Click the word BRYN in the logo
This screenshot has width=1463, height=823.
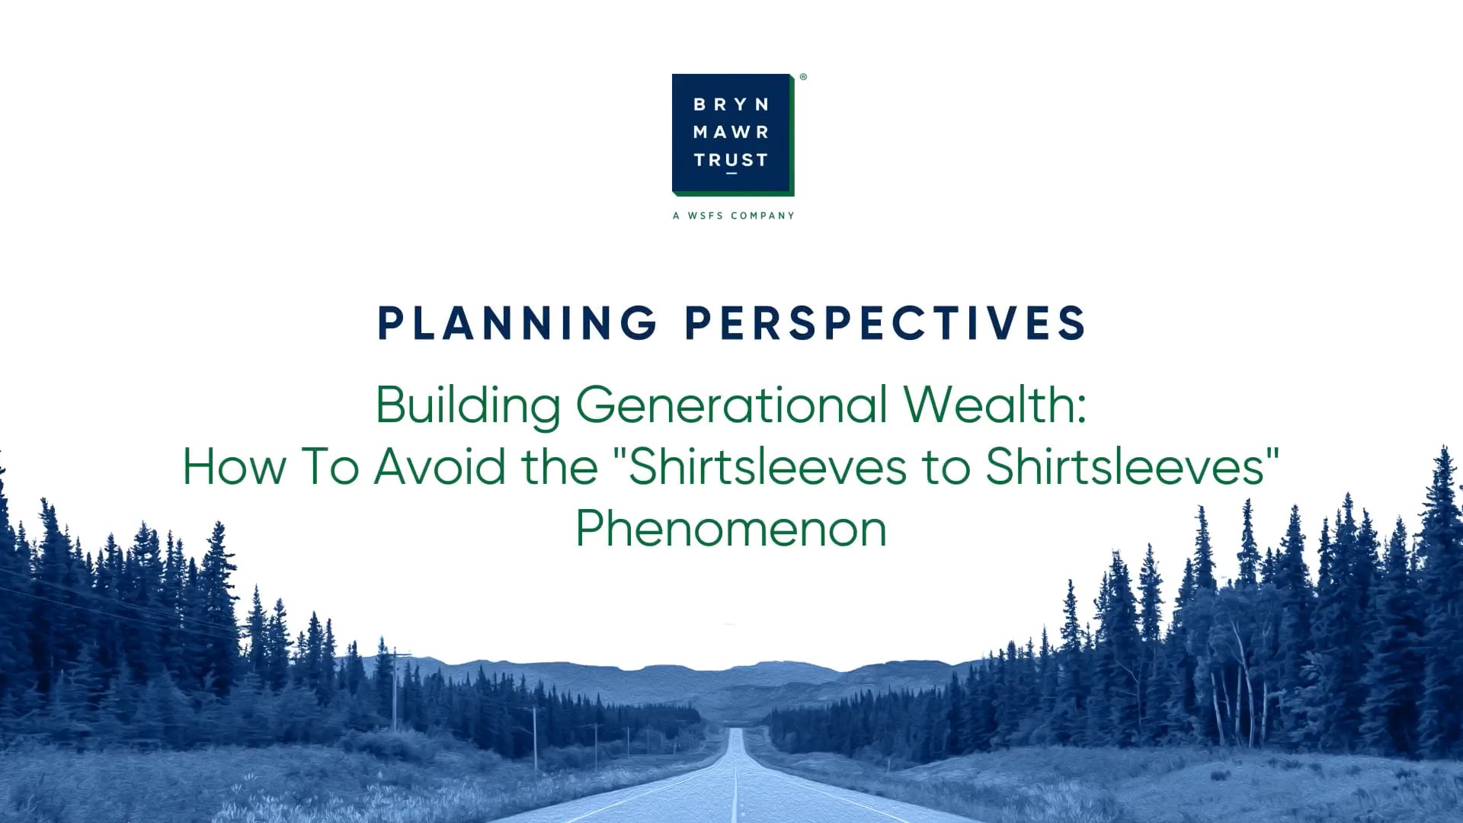click(731, 104)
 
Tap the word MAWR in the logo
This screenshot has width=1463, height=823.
click(731, 133)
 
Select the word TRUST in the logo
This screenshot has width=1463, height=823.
click(731, 160)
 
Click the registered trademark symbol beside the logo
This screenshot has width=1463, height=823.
click(803, 77)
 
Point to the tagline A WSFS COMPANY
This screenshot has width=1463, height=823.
click(734, 216)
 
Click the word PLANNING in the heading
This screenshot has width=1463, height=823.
click(518, 323)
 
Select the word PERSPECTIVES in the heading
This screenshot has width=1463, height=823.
click(885, 323)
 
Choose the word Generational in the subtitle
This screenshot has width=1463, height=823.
click(731, 405)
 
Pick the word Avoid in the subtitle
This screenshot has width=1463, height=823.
click(440, 466)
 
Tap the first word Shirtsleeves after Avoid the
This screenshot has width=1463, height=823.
click(767, 466)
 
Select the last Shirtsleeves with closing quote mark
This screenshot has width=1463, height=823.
click(1132, 466)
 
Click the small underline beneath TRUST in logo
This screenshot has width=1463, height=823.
click(731, 174)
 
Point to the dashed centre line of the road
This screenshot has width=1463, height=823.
click(735, 777)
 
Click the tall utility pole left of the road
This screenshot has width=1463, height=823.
click(395, 690)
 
